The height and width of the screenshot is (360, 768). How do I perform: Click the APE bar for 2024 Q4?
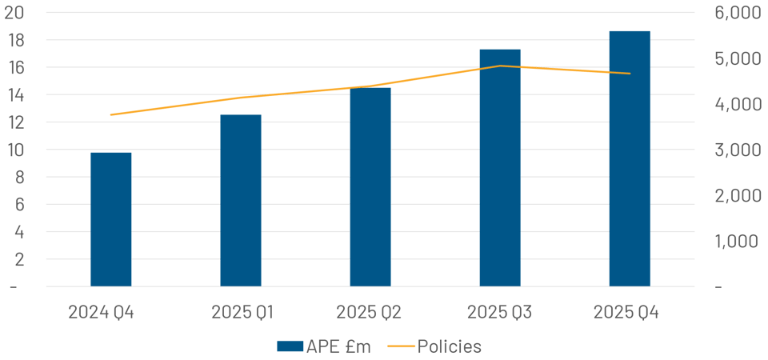pyautogui.click(x=111, y=218)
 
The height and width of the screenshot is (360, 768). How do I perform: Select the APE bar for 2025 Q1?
pyautogui.click(x=241, y=200)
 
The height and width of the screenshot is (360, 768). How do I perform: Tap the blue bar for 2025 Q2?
pyautogui.click(x=370, y=186)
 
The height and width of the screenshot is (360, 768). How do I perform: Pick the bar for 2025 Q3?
pyautogui.click(x=500, y=167)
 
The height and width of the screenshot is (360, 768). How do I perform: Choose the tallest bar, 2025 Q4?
pyautogui.click(x=630, y=158)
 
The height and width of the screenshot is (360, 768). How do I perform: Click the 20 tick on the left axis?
pyautogui.click(x=16, y=13)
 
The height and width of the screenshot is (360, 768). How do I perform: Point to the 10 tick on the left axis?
pyautogui.click(x=16, y=150)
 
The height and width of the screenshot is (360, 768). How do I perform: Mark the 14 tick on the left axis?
pyautogui.click(x=16, y=95)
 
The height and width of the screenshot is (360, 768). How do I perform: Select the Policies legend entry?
pyautogui.click(x=450, y=346)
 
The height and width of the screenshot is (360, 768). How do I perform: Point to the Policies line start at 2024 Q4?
pyautogui.click(x=111, y=115)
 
